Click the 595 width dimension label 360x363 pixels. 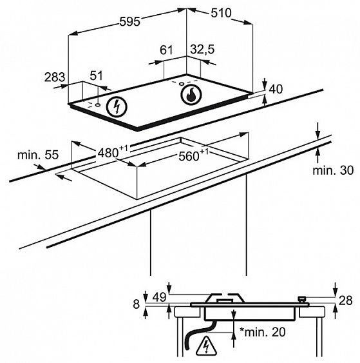[x=129, y=22]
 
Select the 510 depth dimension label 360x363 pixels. [x=221, y=13]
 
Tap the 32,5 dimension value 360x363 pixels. [x=203, y=50]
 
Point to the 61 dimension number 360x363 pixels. [x=166, y=50]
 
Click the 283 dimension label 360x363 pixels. [x=55, y=77]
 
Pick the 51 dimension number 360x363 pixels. [x=96, y=75]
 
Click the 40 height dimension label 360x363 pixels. [x=276, y=89]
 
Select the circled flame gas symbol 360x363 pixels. [x=191, y=95]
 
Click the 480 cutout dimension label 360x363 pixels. [x=113, y=152]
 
